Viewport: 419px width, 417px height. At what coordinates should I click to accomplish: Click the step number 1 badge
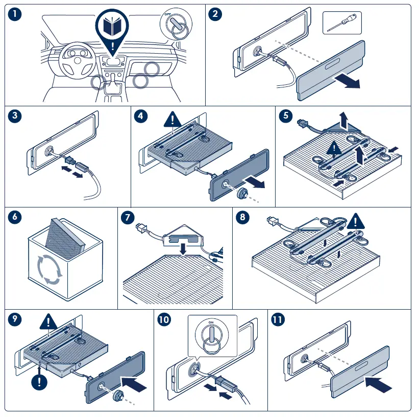pyautogui.click(x=15, y=14)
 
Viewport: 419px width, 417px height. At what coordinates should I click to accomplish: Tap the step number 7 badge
pyautogui.click(x=128, y=217)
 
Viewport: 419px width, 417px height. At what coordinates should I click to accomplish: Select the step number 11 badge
pyautogui.click(x=278, y=319)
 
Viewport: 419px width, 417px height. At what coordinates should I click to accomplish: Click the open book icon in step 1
pyautogui.click(x=112, y=26)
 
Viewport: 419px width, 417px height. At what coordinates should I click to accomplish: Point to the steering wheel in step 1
pyautogui.click(x=78, y=60)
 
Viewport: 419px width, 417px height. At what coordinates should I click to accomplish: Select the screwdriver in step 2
pyautogui.click(x=342, y=23)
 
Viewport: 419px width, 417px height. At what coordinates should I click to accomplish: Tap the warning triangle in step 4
pyautogui.click(x=172, y=119)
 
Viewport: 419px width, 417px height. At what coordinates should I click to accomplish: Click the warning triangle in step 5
pyautogui.click(x=334, y=148)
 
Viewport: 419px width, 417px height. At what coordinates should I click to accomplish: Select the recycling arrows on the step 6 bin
pyautogui.click(x=49, y=269)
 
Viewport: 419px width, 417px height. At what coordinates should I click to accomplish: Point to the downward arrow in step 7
pyautogui.click(x=183, y=248)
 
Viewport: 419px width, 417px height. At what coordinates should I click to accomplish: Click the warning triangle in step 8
pyautogui.click(x=356, y=221)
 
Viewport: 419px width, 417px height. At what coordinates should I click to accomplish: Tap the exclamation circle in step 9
pyautogui.click(x=39, y=382)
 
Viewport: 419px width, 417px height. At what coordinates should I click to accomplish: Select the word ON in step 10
pyautogui.click(x=211, y=322)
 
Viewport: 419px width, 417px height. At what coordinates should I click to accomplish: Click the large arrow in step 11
pyautogui.click(x=378, y=384)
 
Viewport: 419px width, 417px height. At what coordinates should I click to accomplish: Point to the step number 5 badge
pyautogui.click(x=286, y=115)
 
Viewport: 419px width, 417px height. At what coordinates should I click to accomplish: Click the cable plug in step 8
pyautogui.click(x=272, y=220)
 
